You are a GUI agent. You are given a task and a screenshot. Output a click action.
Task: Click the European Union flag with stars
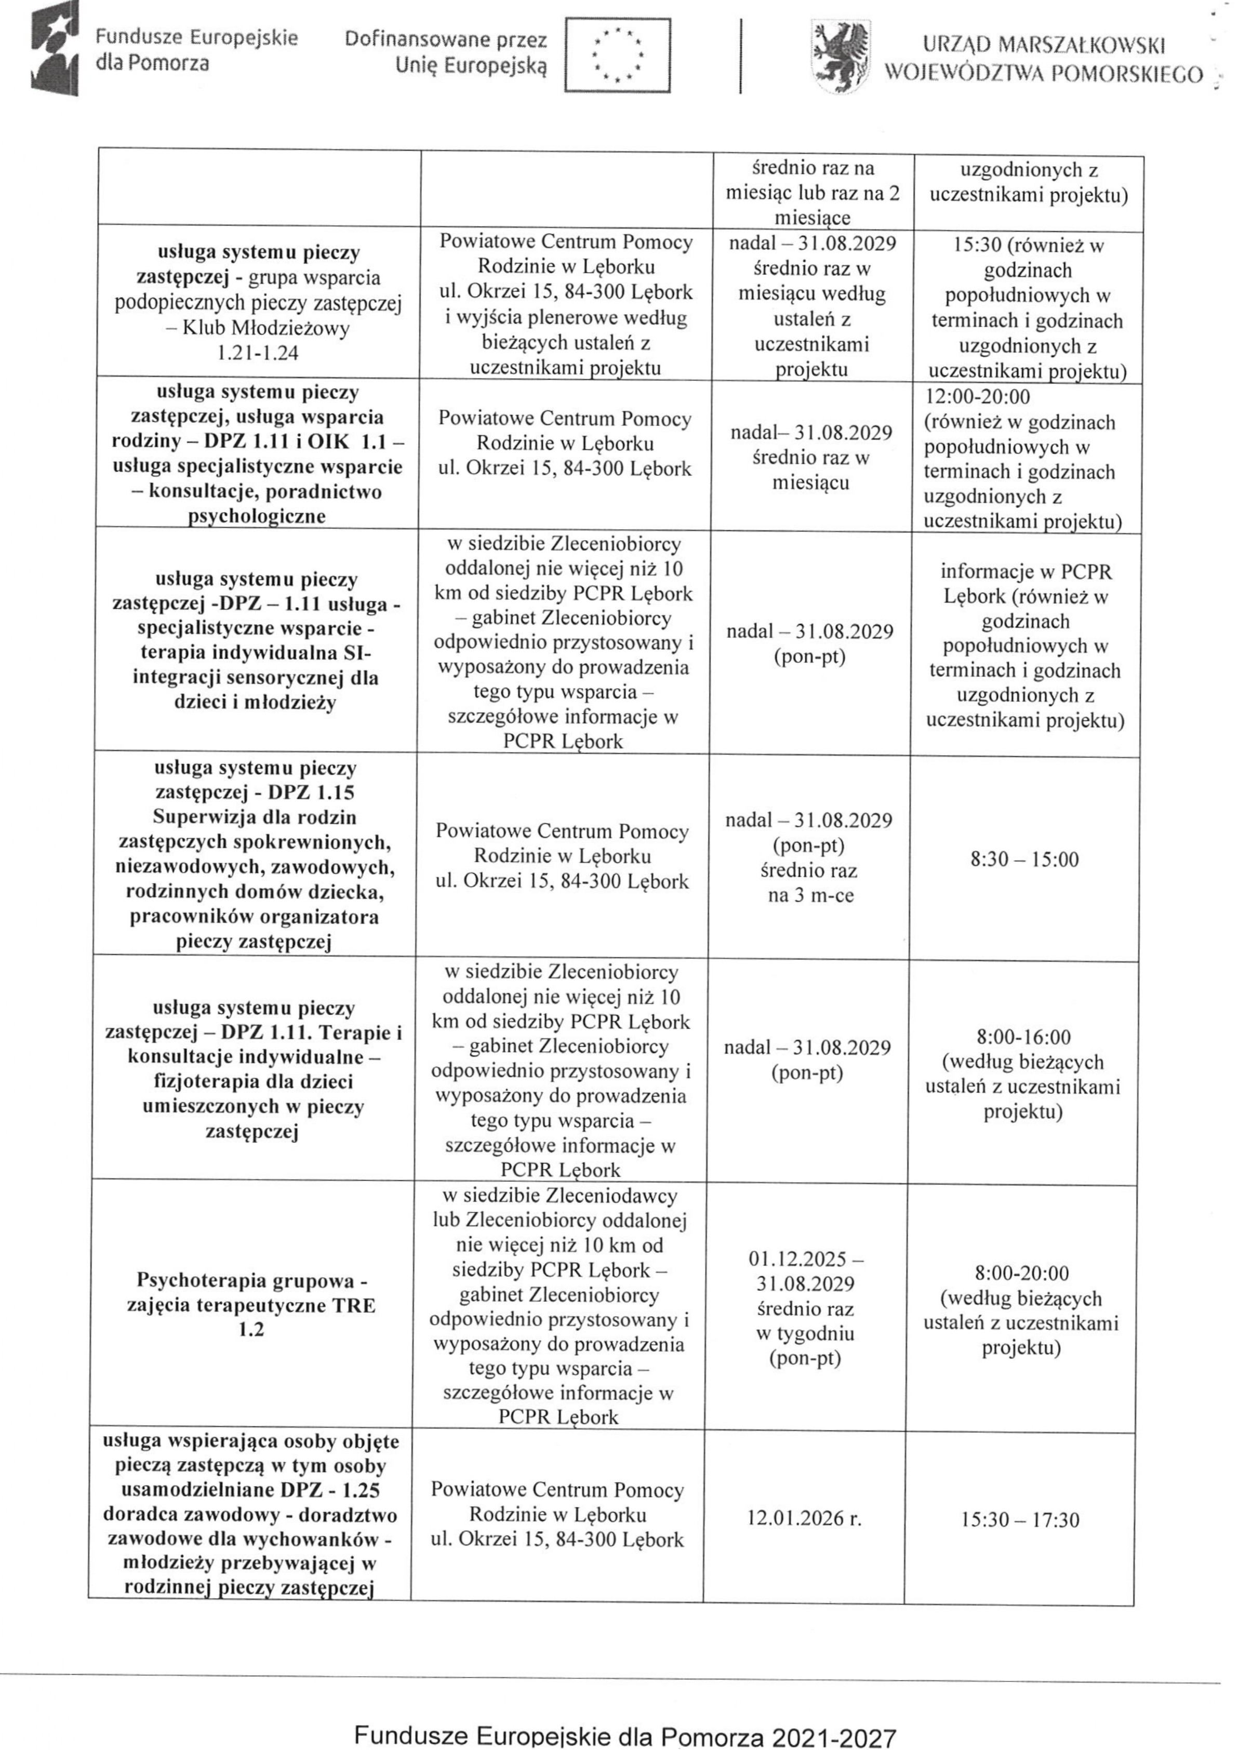(618, 56)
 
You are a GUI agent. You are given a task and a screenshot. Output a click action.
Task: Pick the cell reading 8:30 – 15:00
(1024, 860)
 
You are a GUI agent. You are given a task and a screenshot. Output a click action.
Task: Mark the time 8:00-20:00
(1021, 1273)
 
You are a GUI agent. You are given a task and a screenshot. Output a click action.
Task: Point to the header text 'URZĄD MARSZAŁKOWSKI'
(1044, 47)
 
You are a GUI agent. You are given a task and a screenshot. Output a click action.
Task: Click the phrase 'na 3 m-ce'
(810, 895)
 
